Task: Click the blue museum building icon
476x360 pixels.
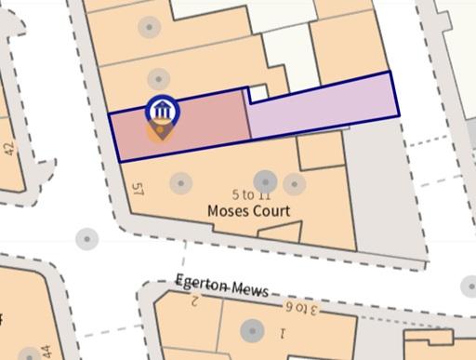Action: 163,110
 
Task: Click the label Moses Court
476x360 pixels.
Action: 248,211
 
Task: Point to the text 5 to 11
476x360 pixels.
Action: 250,195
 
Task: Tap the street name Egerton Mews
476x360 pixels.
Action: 222,286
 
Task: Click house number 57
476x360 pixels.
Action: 139,191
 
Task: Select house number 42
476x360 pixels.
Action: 8,148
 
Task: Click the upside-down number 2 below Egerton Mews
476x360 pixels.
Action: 194,300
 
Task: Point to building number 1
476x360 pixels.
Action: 283,331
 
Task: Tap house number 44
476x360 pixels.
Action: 46,353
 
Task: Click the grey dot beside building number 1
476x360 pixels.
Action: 251,330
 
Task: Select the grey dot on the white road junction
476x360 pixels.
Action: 86,239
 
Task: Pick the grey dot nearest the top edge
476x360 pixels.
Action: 149,26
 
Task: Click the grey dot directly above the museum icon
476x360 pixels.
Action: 158,79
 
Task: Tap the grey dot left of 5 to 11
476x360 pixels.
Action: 179,181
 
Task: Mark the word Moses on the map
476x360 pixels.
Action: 226,211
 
